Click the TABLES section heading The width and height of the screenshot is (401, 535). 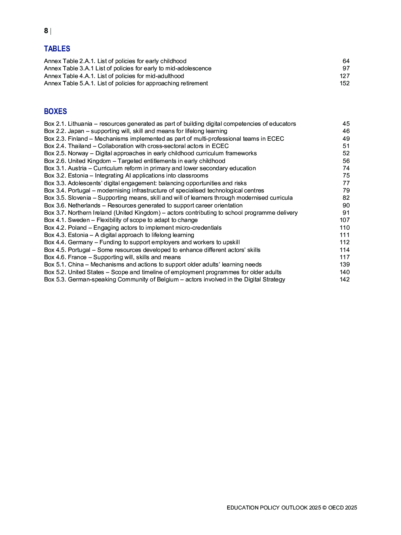point(57,49)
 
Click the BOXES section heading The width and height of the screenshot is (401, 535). point(55,112)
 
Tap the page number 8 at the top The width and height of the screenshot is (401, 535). point(46,31)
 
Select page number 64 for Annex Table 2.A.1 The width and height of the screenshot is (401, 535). point(346,61)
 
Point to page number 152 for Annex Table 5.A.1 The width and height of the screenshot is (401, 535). point(344,83)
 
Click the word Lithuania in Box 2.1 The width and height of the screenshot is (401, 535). point(80,124)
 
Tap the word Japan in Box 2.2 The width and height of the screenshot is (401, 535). point(76,131)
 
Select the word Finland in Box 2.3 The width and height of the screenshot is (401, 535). point(78,139)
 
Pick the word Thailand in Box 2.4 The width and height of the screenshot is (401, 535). point(80,146)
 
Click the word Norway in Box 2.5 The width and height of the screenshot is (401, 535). point(78,153)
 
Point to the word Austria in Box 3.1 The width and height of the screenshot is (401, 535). point(77,168)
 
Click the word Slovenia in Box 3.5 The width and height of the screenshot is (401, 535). point(79,198)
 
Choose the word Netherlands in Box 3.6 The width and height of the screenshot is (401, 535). point(84,205)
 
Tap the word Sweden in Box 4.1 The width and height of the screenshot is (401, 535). point(79,220)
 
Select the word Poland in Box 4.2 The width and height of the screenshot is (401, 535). point(77,228)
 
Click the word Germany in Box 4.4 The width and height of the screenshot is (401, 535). point(80,242)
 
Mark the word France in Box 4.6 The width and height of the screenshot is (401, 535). point(77,257)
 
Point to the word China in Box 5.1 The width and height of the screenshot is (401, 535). point(76,264)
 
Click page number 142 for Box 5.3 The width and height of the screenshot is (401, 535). point(344,279)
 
